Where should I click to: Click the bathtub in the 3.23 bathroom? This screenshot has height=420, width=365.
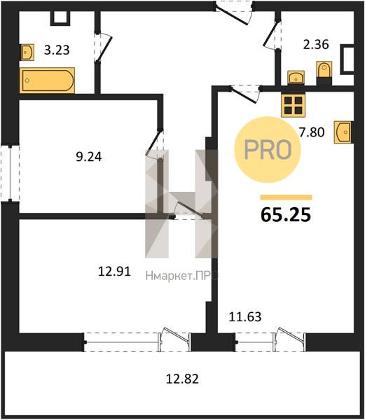(x=47, y=80)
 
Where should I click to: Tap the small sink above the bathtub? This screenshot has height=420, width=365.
(x=27, y=52)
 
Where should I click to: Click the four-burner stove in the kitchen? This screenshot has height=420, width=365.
(x=293, y=105)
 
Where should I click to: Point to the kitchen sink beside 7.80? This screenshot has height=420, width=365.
(x=343, y=132)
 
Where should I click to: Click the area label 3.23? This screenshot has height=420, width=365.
(x=57, y=50)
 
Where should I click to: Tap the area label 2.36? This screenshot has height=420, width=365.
(x=316, y=45)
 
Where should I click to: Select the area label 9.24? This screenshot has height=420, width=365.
(x=89, y=157)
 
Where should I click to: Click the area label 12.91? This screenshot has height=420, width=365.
(x=114, y=272)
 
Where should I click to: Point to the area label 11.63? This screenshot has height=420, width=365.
(x=245, y=317)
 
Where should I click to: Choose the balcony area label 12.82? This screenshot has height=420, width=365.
(x=182, y=379)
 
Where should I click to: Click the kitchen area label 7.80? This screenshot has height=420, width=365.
(x=312, y=132)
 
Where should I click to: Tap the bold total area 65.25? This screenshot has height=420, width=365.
(x=286, y=215)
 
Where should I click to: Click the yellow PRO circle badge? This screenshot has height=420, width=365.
(x=268, y=150)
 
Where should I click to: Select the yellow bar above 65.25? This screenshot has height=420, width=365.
(x=287, y=197)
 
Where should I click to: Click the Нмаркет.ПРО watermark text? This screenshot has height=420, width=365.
(x=182, y=276)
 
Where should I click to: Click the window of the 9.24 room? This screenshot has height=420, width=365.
(x=10, y=174)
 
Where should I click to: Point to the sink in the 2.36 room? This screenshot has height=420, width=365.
(x=296, y=78)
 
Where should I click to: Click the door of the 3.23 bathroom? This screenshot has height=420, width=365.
(x=103, y=48)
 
